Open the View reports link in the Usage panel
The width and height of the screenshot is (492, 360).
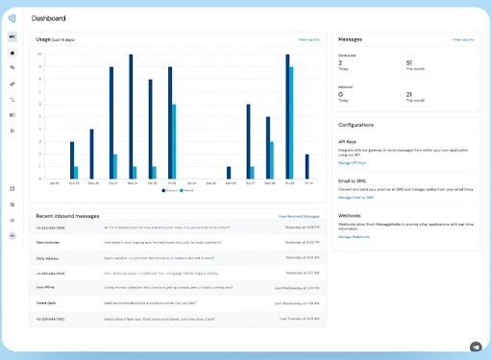308,40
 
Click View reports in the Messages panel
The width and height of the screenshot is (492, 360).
463,40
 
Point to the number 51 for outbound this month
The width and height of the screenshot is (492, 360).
411,61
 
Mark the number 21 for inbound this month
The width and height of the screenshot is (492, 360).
411,94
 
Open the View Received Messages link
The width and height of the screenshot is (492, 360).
299,218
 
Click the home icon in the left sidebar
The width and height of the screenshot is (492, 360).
12,55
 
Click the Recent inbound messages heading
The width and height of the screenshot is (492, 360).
67,217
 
